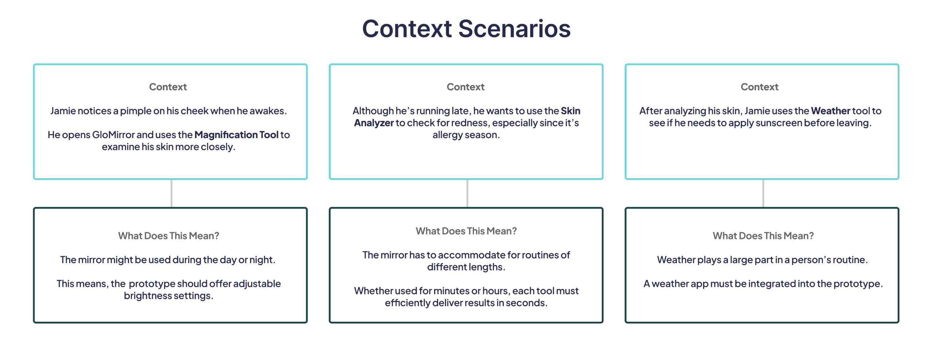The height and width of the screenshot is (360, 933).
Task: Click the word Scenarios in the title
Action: (514, 29)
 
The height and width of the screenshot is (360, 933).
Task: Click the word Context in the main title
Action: (407, 29)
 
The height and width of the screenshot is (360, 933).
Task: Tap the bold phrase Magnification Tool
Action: (236, 135)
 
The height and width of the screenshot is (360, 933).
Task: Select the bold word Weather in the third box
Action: (831, 111)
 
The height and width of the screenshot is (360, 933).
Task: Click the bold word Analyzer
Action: (374, 123)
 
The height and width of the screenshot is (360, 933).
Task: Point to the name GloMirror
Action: (113, 135)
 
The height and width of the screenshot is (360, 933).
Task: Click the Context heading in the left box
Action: (168, 87)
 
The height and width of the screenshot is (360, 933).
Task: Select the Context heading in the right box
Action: (760, 87)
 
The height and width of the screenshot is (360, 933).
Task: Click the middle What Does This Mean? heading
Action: (466, 231)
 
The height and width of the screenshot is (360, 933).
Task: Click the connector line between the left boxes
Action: (171, 193)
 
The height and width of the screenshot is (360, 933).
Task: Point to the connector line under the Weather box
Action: (763, 193)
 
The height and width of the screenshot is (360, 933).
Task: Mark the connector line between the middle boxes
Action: (467, 193)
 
